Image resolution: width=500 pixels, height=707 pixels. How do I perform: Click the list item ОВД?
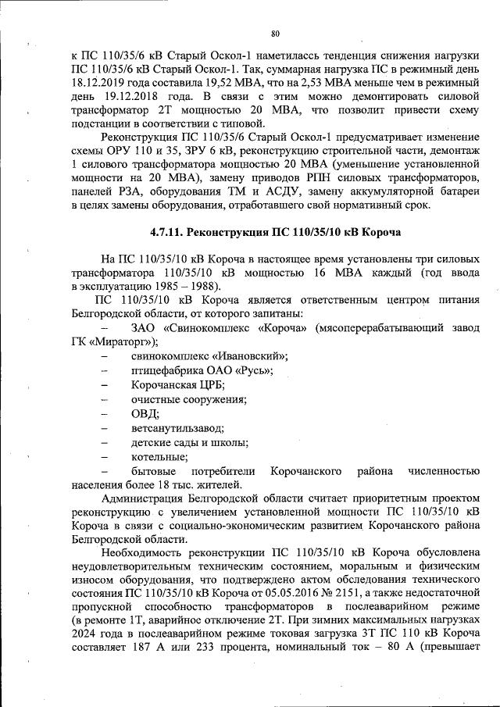[145, 414]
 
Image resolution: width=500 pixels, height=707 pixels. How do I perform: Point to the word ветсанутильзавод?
[178, 429]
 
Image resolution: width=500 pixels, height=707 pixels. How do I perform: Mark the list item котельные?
[159, 457]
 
